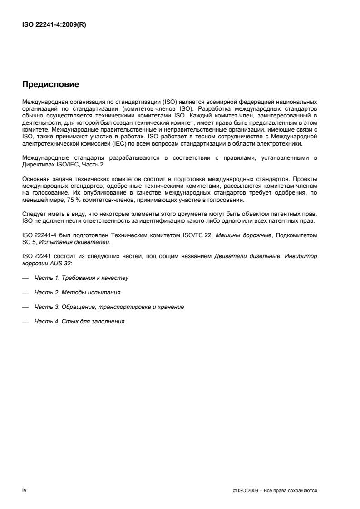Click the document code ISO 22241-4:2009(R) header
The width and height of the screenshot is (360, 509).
[54, 25]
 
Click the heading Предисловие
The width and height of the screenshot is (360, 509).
[51, 85]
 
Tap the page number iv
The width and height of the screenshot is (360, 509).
[25, 490]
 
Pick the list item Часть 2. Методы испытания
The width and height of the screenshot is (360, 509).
[77, 292]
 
